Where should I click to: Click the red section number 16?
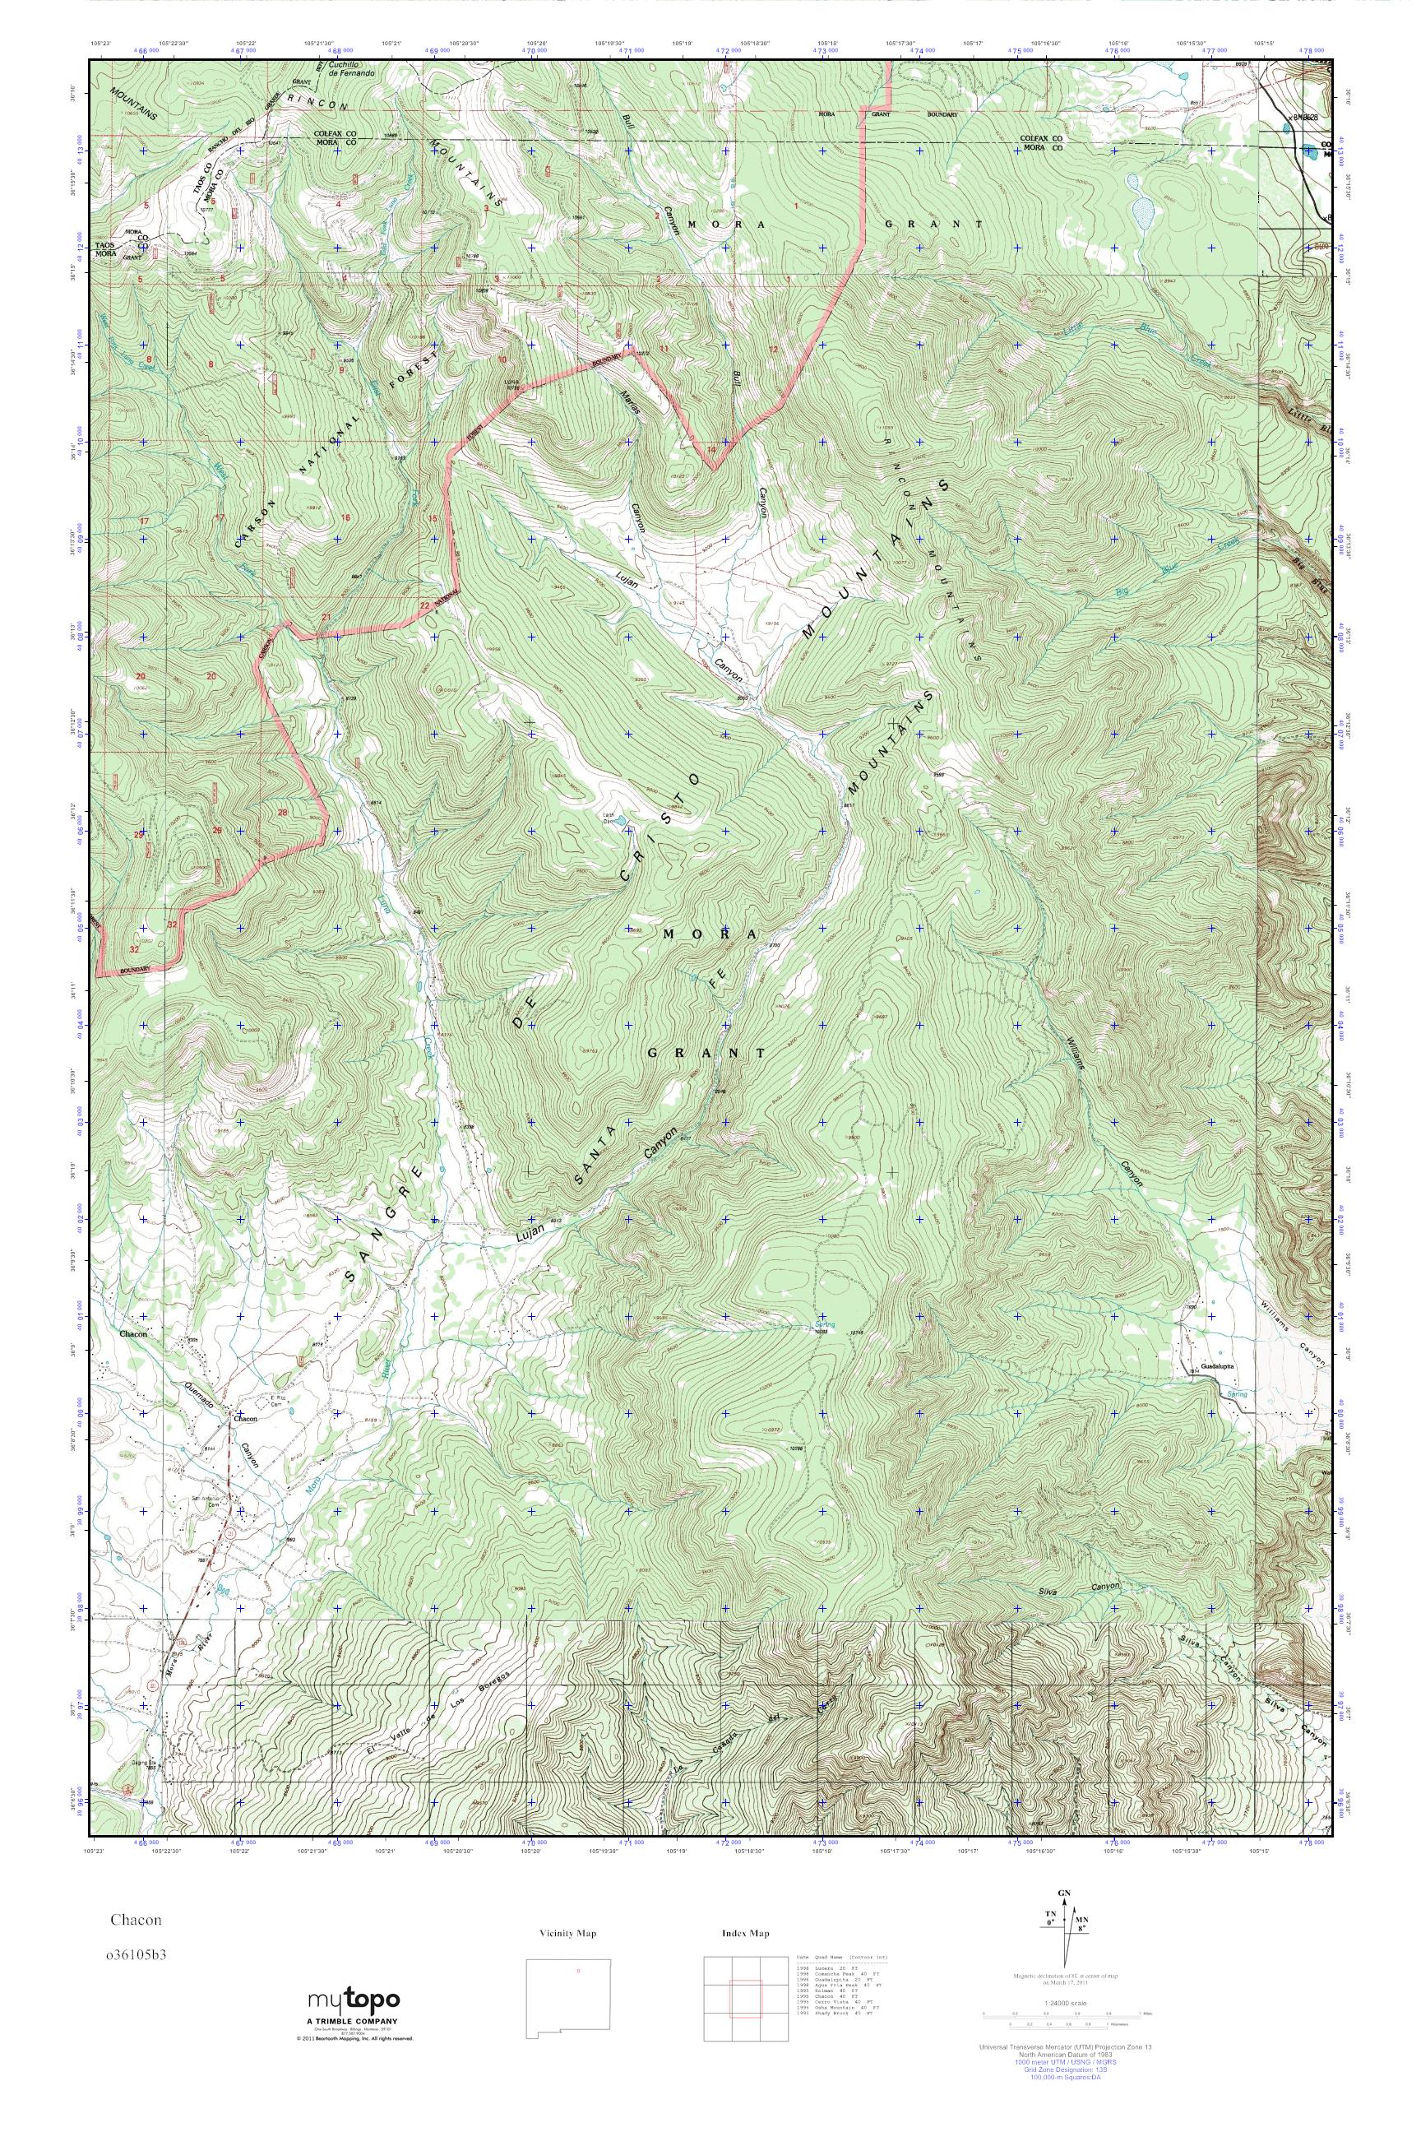point(345,517)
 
